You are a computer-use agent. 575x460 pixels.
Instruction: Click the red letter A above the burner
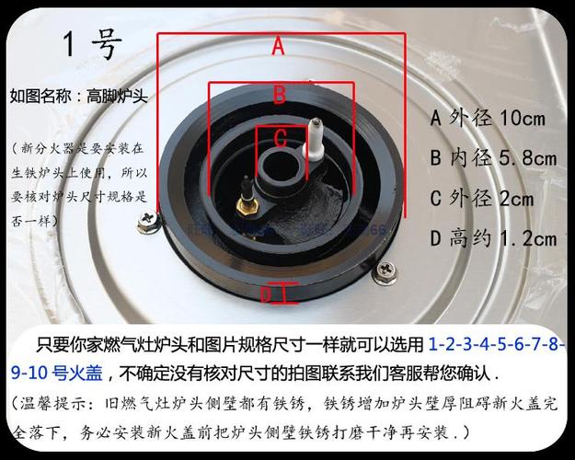(278, 45)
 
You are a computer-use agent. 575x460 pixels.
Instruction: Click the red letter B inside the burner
(280, 93)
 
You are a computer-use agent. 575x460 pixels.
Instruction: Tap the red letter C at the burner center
(281, 137)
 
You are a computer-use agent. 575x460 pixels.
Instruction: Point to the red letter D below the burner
(266, 294)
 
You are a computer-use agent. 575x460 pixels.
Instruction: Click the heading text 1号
(92, 44)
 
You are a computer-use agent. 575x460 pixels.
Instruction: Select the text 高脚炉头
(118, 95)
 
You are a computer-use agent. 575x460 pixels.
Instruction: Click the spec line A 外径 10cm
(488, 118)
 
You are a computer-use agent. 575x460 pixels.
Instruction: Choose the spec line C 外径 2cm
(481, 198)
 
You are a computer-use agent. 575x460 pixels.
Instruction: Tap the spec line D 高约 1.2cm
(493, 239)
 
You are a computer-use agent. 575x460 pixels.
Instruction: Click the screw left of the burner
(145, 221)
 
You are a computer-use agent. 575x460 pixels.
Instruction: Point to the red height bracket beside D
(287, 294)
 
